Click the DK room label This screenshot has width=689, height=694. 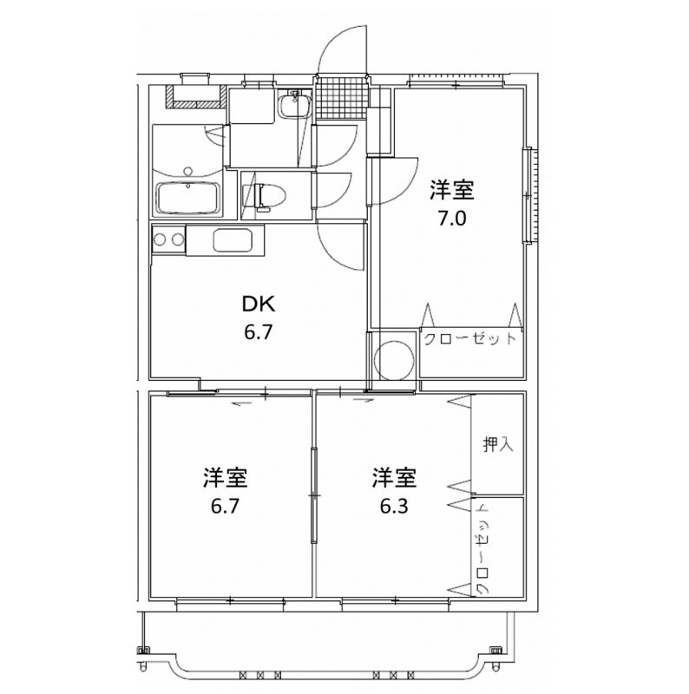click(x=258, y=304)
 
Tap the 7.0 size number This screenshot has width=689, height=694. click(x=452, y=219)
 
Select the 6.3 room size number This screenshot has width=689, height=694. click(x=394, y=506)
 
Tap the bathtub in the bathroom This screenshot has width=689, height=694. click(x=187, y=198)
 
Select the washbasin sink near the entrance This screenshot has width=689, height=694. click(x=293, y=104)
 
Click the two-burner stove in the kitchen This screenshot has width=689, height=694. click(x=168, y=239)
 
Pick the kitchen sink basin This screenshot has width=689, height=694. click(x=233, y=240)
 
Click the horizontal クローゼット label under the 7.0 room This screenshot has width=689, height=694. click(x=470, y=339)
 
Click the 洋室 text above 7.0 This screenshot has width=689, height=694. click(x=452, y=190)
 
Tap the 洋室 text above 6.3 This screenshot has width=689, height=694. click(x=394, y=478)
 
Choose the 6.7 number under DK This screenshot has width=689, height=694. click(x=258, y=332)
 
